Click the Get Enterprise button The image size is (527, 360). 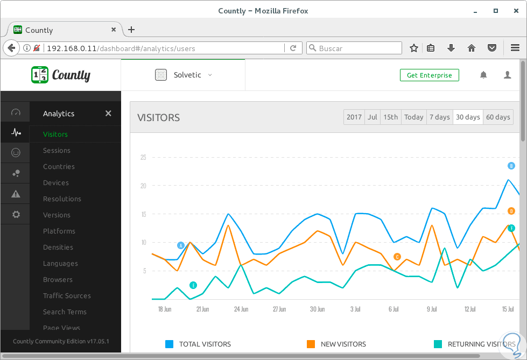(429, 75)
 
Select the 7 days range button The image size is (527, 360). (439, 117)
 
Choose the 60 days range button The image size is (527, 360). (498, 117)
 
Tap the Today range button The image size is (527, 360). (413, 117)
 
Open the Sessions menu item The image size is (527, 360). (57, 151)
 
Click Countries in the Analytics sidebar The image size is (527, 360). (59, 167)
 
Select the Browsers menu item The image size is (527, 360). (58, 280)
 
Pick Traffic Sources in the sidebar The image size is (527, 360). (67, 296)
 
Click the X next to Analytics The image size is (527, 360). (108, 114)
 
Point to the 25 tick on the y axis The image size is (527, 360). (143, 158)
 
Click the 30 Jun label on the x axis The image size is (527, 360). (317, 309)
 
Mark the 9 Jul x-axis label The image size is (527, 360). (432, 309)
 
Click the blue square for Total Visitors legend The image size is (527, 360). (169, 344)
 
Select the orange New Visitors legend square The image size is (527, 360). (311, 344)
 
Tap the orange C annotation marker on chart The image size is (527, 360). (397, 257)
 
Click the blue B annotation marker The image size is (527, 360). (511, 166)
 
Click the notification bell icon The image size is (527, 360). (483, 75)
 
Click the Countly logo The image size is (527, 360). (61, 75)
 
